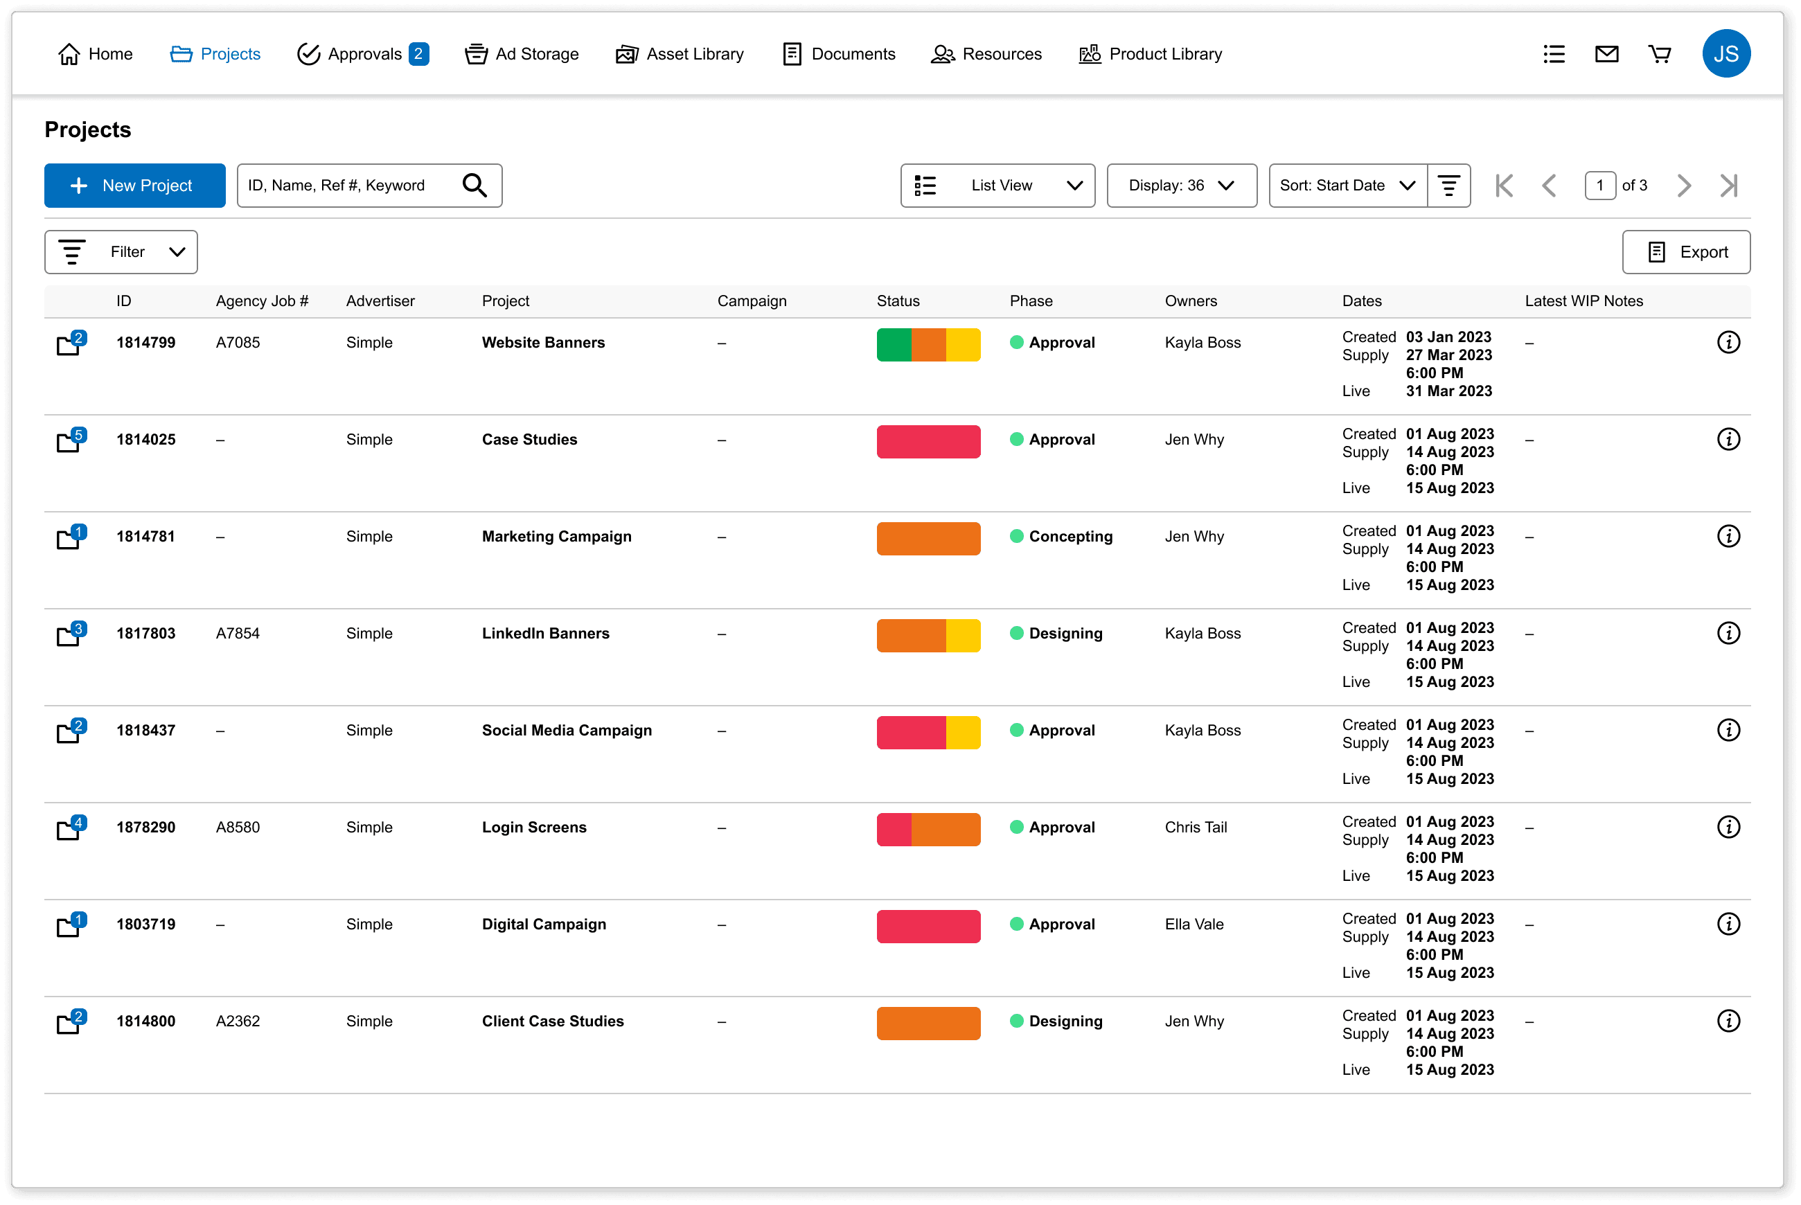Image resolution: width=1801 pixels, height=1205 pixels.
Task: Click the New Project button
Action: [134, 185]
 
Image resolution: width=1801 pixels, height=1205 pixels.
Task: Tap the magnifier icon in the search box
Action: [474, 185]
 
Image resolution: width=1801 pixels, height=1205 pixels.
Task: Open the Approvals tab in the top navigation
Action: [362, 54]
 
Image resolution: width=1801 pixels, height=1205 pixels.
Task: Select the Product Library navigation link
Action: [1150, 54]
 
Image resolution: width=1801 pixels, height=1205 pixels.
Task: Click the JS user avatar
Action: [1725, 54]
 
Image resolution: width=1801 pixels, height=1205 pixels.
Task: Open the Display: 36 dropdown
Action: [1182, 185]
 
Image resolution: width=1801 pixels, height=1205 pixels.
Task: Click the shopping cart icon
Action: [1660, 54]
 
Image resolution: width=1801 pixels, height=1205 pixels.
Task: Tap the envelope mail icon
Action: [1606, 54]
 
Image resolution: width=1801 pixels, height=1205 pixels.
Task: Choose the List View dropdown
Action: [997, 185]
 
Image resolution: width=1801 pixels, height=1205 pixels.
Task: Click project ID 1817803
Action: [146, 633]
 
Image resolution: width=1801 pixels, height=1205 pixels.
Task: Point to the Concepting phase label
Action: [1070, 537]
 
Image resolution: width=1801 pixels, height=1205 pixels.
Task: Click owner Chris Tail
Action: [1196, 827]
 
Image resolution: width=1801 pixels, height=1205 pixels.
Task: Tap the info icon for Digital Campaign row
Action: [1728, 924]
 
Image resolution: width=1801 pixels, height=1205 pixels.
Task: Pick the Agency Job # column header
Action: [262, 301]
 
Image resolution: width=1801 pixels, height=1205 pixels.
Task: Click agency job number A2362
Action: [238, 1021]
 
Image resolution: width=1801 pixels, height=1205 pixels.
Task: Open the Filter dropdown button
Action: [121, 252]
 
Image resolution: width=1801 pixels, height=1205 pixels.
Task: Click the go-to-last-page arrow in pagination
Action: [1728, 185]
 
